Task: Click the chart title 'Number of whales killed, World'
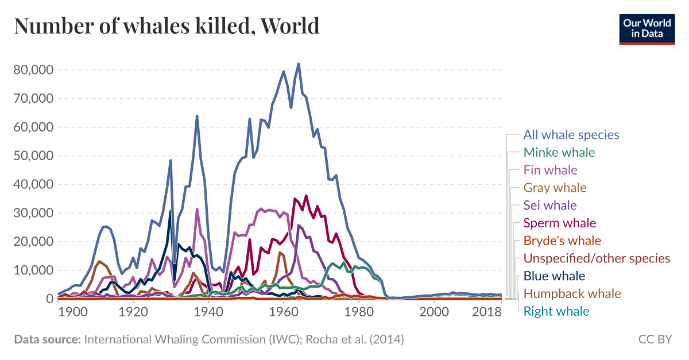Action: [167, 26]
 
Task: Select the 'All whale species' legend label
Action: [571, 135]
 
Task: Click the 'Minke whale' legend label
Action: [559, 153]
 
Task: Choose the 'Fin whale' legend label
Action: [550, 170]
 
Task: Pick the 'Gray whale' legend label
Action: [555, 188]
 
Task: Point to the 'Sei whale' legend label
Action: [550, 205]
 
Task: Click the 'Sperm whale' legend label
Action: [560, 223]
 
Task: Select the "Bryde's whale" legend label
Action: [562, 241]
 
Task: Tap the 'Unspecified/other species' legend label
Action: [597, 258]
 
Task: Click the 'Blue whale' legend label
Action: [554, 276]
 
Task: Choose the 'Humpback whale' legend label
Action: [572, 294]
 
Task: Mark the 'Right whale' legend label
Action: [556, 311]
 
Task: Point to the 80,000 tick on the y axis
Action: [33, 70]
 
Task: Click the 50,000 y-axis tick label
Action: [33, 156]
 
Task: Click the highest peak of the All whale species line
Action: [299, 64]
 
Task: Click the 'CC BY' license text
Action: [655, 339]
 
